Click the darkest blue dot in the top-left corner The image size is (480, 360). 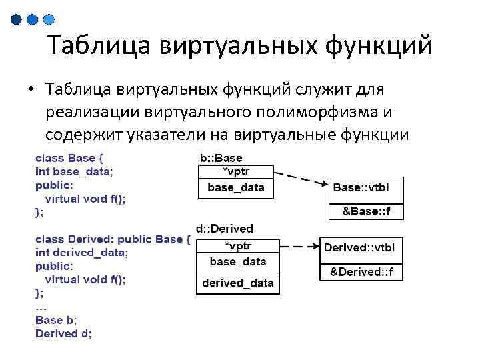[x=17, y=20]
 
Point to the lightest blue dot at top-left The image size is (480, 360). [x=48, y=20]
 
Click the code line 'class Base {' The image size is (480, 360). [x=69, y=159]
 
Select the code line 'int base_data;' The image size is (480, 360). [x=74, y=171]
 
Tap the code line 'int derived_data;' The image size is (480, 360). [x=81, y=253]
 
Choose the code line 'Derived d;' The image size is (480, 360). [x=63, y=333]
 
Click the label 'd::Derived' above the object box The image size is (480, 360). [x=224, y=229]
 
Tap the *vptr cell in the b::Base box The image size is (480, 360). [x=236, y=171]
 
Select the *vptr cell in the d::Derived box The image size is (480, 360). [x=238, y=244]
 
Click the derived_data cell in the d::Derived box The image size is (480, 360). [x=238, y=283]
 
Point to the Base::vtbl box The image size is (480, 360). [x=367, y=188]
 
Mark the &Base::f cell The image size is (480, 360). [x=367, y=211]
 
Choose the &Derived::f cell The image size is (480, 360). [x=362, y=272]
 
